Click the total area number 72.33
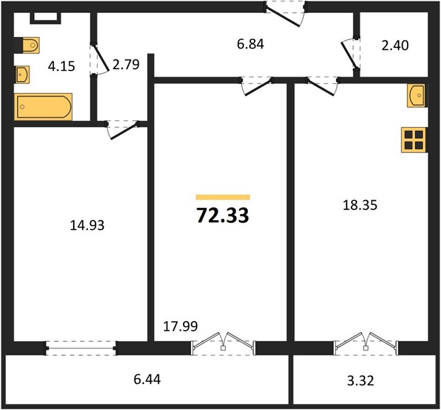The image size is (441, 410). click(223, 216)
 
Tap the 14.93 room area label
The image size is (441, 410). click(87, 225)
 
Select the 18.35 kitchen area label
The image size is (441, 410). click(360, 205)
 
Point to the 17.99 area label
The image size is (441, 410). click(180, 327)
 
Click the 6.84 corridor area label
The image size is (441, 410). click(251, 44)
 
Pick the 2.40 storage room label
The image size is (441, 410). click(395, 45)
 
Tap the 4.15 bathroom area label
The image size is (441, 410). click(61, 66)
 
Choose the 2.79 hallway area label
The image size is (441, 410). click(126, 65)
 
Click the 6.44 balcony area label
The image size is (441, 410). click(147, 379)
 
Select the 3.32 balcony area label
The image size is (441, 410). click(360, 381)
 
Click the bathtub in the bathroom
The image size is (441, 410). click(43, 107)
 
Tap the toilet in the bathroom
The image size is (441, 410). click(27, 45)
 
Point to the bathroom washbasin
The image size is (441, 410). click(22, 74)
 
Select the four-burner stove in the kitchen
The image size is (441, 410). click(413, 140)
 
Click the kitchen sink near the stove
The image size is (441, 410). click(416, 96)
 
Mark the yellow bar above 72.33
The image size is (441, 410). click(223, 197)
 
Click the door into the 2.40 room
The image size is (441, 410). click(350, 54)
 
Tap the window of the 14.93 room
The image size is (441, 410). click(81, 348)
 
